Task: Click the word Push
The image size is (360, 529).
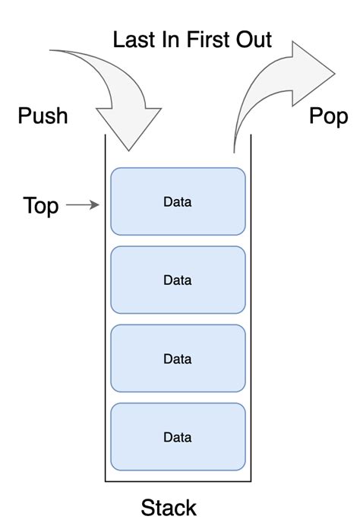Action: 43,116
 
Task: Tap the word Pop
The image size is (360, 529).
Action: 328,116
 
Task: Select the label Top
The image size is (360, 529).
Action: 41,205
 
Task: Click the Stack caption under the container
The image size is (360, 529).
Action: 169,508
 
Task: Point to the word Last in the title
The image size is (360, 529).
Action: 136,40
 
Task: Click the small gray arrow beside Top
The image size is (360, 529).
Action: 84,205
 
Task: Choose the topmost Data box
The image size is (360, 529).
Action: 178,201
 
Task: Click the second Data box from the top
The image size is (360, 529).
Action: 178,280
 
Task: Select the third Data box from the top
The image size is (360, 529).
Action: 178,358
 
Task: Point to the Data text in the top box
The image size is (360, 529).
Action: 178,202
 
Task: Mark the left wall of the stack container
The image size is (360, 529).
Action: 105,304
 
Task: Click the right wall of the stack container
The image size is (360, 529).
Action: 252,304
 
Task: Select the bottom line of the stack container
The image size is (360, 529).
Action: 178,482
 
